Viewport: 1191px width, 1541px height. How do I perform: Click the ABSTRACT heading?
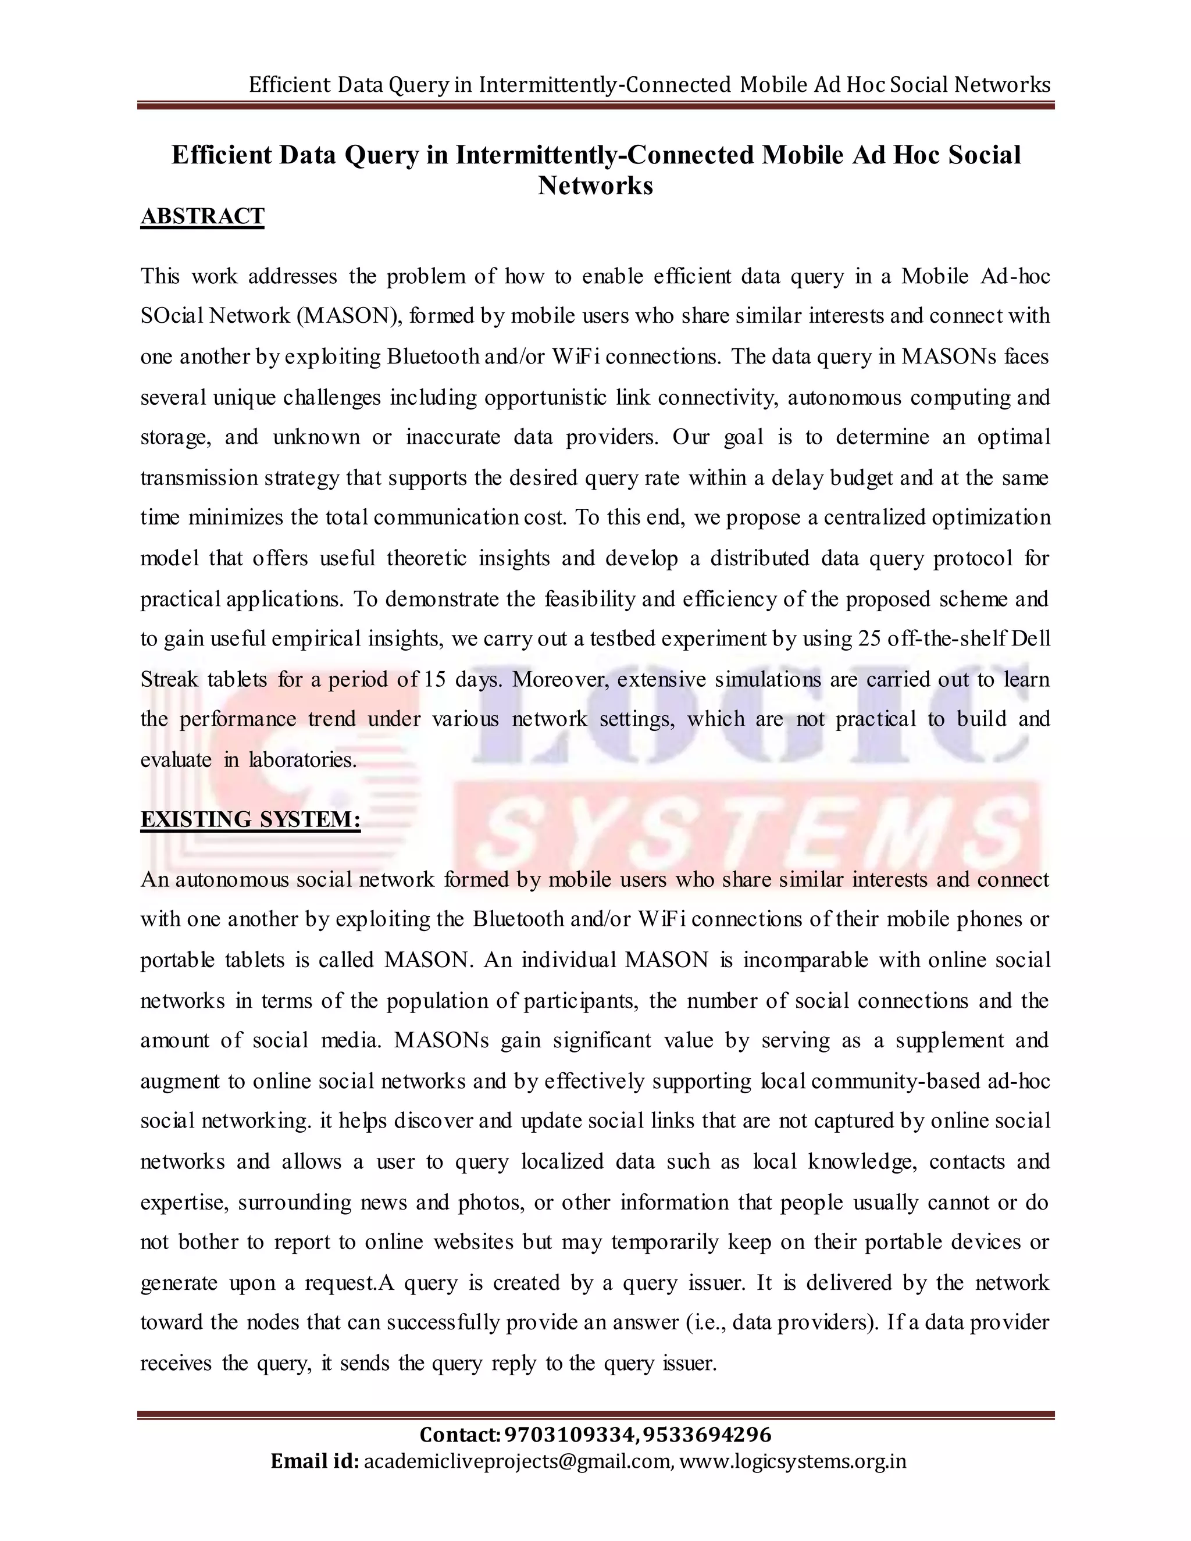tap(202, 216)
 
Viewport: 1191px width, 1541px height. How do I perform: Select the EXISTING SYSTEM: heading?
tap(251, 819)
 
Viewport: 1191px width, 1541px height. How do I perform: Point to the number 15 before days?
tap(434, 679)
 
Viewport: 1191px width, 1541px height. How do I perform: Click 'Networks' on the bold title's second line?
tap(595, 186)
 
